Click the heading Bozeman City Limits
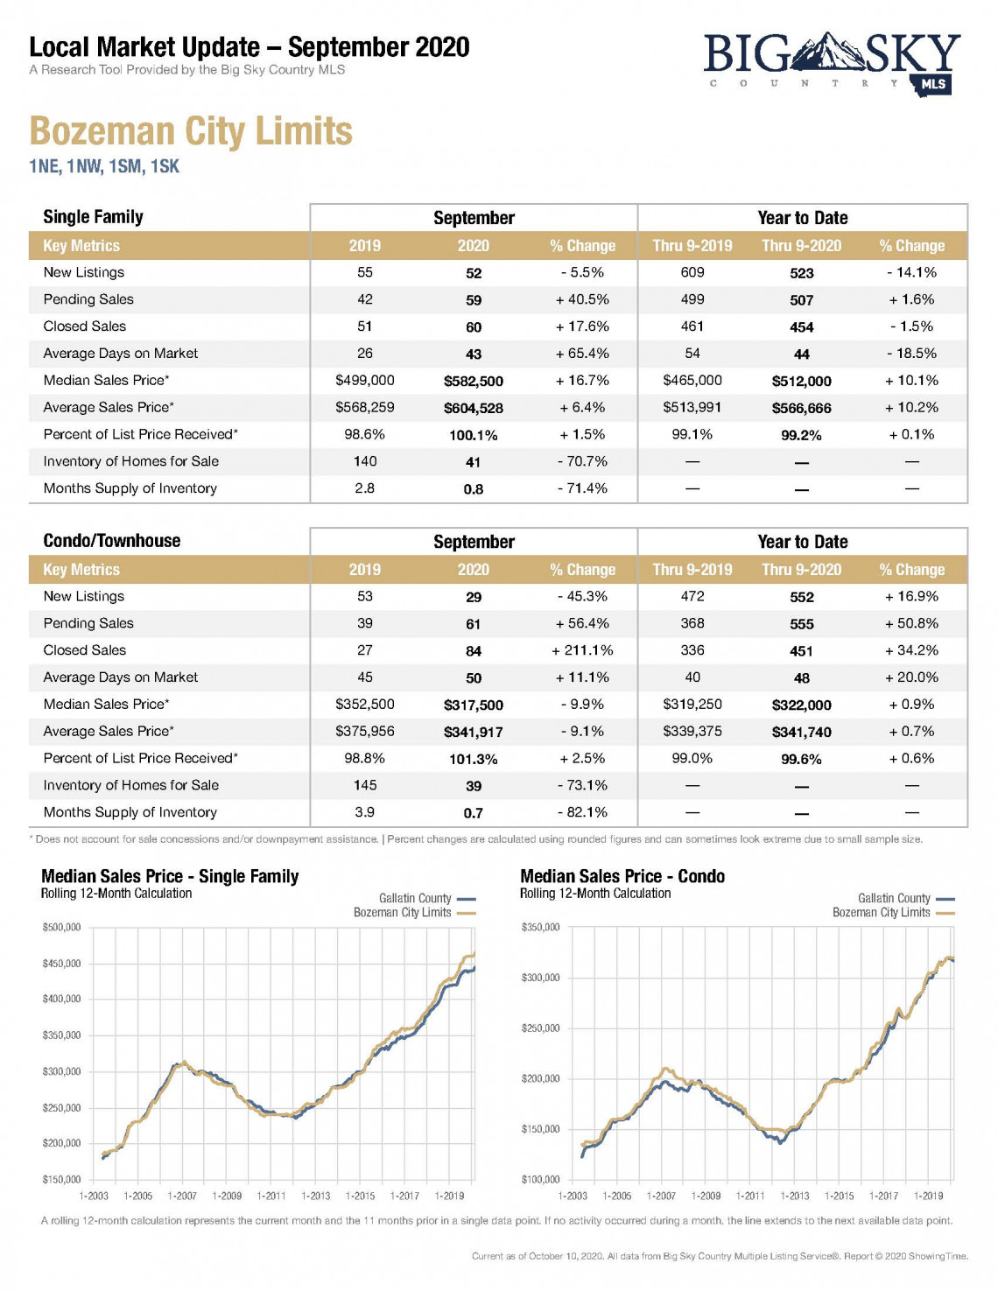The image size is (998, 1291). pos(191,131)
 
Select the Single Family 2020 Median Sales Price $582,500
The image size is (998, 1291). pos(474,382)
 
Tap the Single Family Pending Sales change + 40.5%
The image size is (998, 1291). pos(582,299)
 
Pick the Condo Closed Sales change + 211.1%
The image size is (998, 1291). pos(582,650)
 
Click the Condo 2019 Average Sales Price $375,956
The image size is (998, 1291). pos(365,732)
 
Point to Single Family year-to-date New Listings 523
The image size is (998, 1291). pos(801,273)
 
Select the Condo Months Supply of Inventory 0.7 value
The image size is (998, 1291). pos(474,813)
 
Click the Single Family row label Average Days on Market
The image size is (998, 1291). pos(121,354)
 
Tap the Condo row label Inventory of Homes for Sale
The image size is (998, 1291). pos(130,785)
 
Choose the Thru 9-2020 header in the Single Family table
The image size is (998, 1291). pos(801,246)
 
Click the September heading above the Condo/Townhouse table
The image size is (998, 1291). pos(474,542)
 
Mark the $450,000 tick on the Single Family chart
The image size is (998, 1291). pos(62,964)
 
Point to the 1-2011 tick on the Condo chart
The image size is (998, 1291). pos(750,1196)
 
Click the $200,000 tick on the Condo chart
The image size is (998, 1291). pos(541,1079)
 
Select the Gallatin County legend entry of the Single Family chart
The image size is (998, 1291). pos(427,898)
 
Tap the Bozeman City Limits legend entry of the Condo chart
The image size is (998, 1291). pos(894,913)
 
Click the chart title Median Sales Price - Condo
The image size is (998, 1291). pos(622,876)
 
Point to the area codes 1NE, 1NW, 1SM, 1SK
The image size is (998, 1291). pos(104,166)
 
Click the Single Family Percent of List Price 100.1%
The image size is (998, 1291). pos(474,436)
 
